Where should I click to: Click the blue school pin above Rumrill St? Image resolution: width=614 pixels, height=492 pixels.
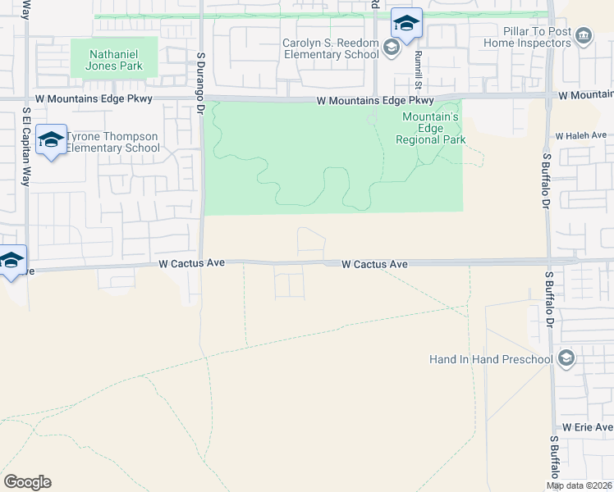tap(406, 24)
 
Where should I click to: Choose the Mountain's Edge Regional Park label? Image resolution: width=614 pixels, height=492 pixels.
tap(430, 128)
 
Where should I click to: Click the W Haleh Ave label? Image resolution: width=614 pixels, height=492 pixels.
tap(580, 135)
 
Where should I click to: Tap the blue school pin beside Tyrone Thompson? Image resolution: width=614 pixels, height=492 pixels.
tap(51, 141)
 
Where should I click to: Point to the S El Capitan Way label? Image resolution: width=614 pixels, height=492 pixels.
tap(26, 147)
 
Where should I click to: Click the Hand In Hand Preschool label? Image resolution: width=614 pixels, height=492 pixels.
tap(491, 359)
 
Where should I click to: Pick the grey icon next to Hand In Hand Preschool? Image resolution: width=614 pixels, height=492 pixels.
tap(565, 358)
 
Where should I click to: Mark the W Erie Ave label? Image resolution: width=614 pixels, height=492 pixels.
tap(587, 428)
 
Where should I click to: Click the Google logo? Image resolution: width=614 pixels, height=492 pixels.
tap(27, 482)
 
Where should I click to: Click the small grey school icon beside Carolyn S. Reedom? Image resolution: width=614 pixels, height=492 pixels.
tap(391, 48)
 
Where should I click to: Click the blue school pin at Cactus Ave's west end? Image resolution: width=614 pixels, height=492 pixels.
tap(11, 262)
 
